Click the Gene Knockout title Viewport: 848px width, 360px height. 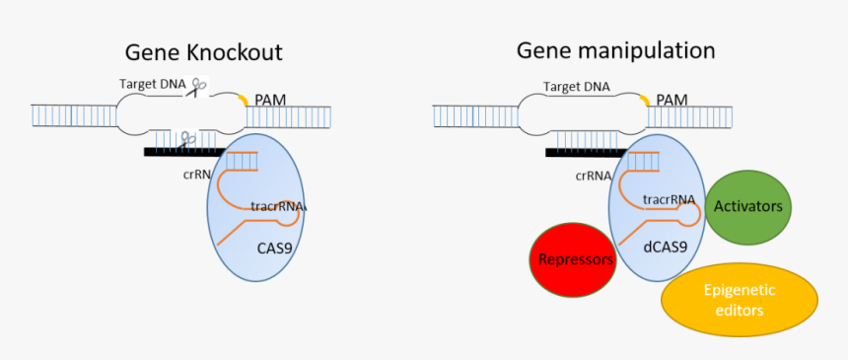(203, 52)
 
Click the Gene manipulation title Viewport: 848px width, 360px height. (616, 50)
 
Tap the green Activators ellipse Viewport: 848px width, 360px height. (747, 206)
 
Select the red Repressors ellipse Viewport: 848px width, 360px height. (572, 259)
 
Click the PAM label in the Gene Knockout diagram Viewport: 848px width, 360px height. (270, 100)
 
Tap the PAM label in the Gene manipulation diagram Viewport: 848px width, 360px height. (671, 100)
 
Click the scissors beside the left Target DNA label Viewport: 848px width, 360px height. (198, 87)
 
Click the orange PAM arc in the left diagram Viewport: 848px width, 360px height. (243, 99)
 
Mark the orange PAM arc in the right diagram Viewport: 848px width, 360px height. (644, 99)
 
